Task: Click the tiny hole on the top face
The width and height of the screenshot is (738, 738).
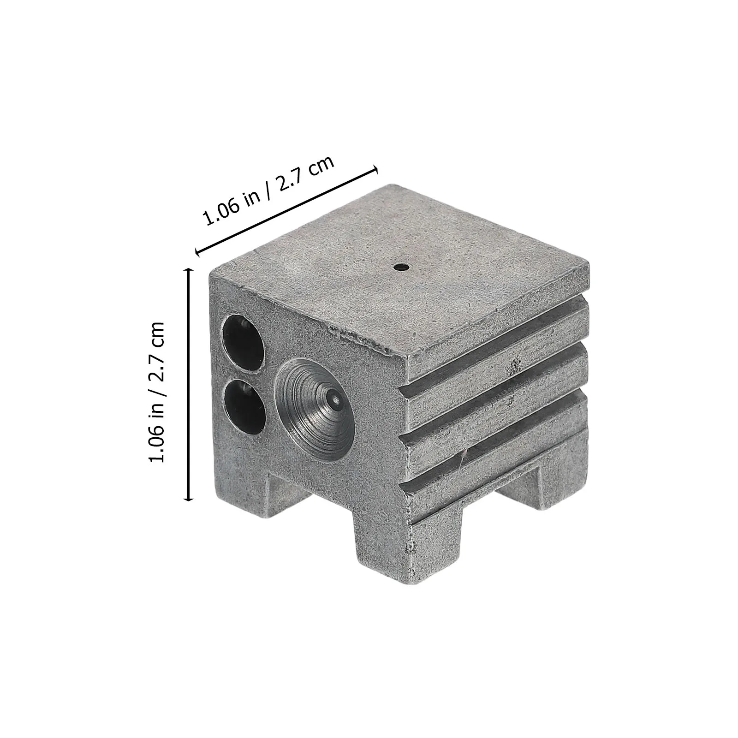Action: tap(399, 266)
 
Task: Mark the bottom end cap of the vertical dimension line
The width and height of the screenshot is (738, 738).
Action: tap(188, 500)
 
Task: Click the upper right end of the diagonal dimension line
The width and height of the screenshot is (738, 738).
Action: tap(376, 170)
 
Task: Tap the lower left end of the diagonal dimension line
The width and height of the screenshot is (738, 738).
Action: tap(197, 252)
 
